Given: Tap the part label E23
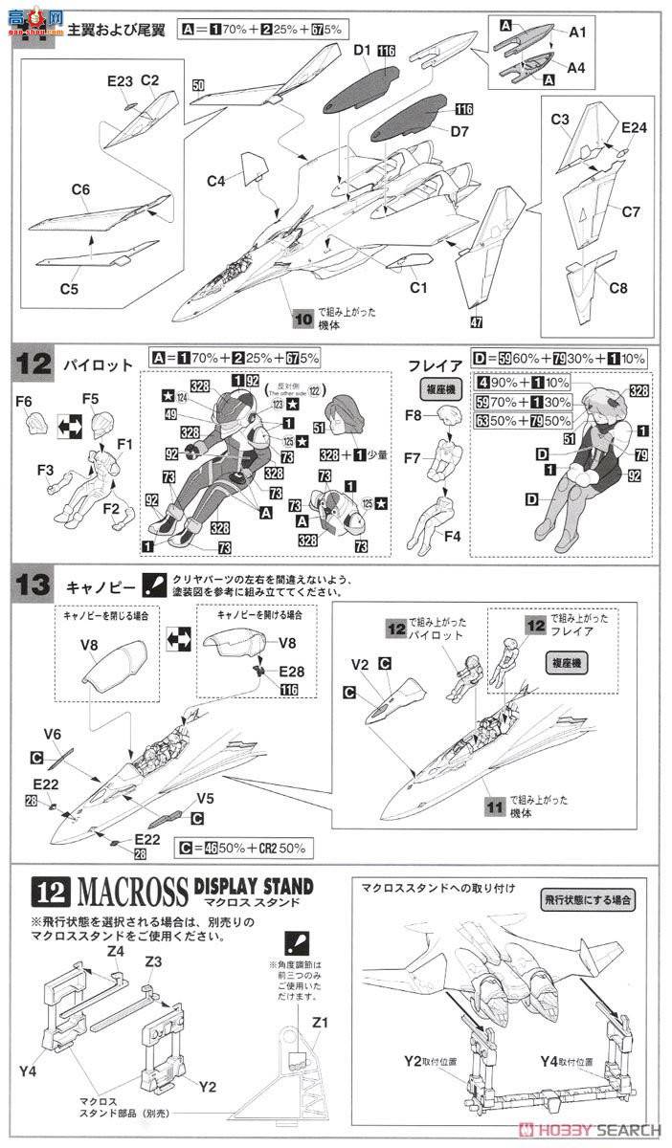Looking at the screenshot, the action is point(120,82).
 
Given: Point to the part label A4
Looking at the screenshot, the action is point(576,67).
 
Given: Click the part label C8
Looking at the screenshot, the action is point(618,288).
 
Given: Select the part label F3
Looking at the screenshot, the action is point(44,471).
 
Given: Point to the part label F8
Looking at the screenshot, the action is point(414,415).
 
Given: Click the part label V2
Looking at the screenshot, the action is point(359,664).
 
